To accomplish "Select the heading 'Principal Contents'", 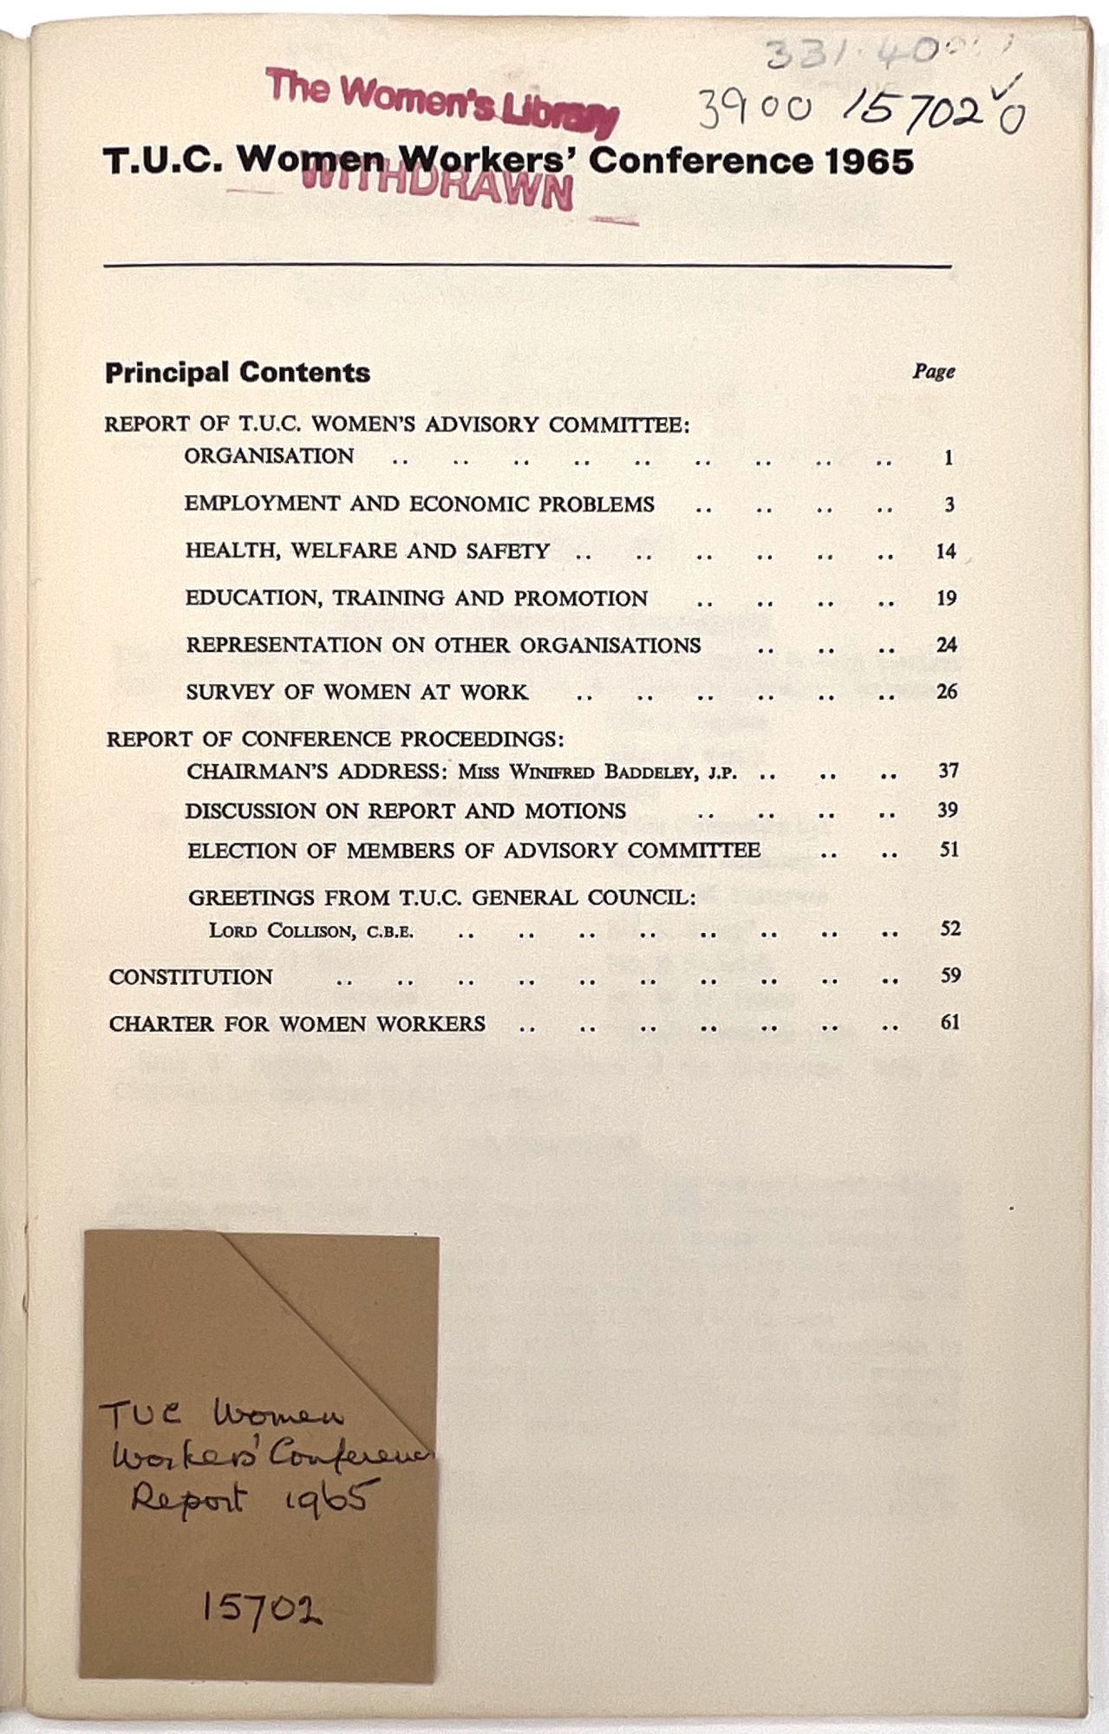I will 238,373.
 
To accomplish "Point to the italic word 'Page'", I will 933,371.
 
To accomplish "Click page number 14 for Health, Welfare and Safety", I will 945,551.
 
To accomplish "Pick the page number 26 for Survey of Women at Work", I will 946,692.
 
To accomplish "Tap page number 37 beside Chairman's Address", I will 948,771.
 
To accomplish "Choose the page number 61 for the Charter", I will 949,1022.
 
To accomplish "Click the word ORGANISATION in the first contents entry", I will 269,456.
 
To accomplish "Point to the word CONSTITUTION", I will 191,977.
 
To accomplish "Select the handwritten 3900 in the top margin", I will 754,110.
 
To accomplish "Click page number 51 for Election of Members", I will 949,850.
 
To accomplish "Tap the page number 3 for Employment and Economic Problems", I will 949,505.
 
